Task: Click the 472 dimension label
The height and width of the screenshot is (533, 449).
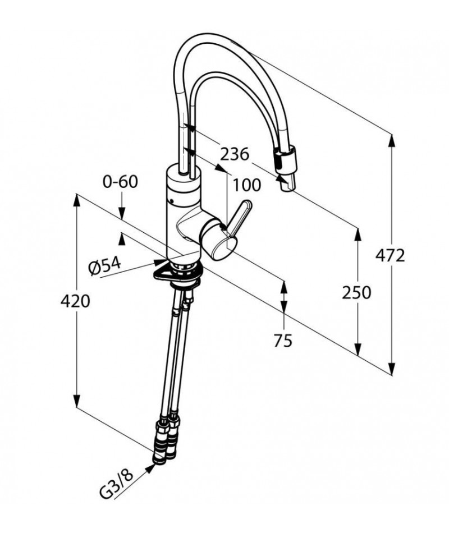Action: [390, 255]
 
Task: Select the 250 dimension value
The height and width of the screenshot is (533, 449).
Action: [356, 293]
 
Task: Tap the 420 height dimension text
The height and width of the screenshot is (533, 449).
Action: [75, 301]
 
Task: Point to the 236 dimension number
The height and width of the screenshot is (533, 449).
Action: [235, 155]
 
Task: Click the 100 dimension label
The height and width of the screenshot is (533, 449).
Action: [246, 185]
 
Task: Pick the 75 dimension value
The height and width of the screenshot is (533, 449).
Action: [283, 341]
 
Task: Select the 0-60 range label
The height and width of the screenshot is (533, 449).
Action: [121, 182]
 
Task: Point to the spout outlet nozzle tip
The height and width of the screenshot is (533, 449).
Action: [288, 183]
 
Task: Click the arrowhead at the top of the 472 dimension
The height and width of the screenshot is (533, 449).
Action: [392, 141]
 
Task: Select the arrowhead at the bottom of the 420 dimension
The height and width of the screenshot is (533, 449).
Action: [77, 401]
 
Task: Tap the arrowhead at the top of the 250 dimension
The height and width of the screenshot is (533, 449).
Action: [358, 234]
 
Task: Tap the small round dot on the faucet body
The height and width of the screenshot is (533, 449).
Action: [172, 200]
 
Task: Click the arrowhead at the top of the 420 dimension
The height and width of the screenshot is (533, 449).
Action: [77, 200]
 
